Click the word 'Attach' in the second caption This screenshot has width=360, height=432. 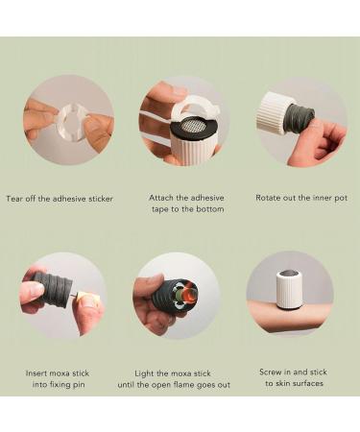(161, 198)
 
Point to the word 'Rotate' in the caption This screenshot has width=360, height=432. (270, 198)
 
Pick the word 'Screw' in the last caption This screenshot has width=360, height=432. (272, 371)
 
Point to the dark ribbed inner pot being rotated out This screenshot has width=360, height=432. (300, 118)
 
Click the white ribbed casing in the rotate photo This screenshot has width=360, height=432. (276, 113)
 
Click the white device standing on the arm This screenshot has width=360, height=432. (290, 289)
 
